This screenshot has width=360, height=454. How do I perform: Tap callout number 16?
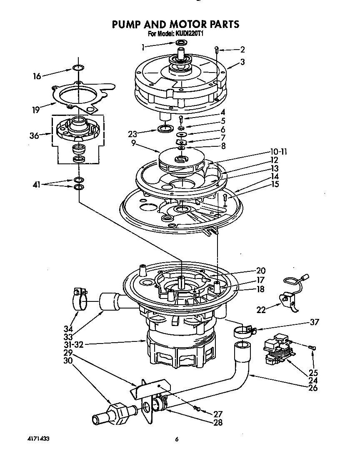37,76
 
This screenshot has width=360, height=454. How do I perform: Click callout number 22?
261,309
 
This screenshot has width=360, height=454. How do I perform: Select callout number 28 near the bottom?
217,422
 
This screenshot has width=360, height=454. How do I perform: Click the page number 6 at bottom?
177,439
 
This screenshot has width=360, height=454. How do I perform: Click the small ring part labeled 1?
181,43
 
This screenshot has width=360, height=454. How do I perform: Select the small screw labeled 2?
217,50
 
